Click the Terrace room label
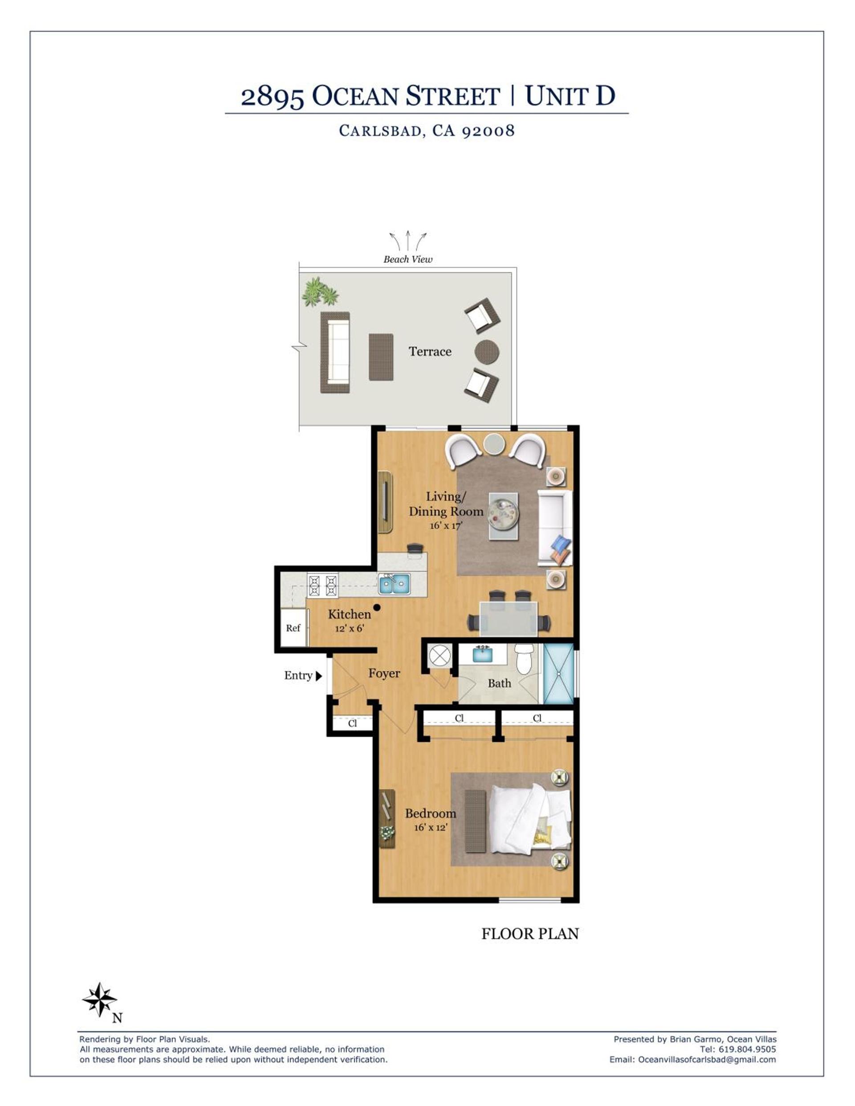[430, 351]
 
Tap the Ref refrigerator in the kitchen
[293, 627]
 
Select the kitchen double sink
[395, 584]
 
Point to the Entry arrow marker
[318, 675]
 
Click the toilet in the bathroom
[524, 659]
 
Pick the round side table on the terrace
[487, 352]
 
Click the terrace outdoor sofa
[335, 353]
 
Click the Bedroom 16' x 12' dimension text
[431, 827]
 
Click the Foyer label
[384, 674]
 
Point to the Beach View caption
[408, 259]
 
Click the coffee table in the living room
[504, 516]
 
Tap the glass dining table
[509, 618]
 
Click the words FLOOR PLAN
[530, 934]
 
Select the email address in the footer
[707, 1059]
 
